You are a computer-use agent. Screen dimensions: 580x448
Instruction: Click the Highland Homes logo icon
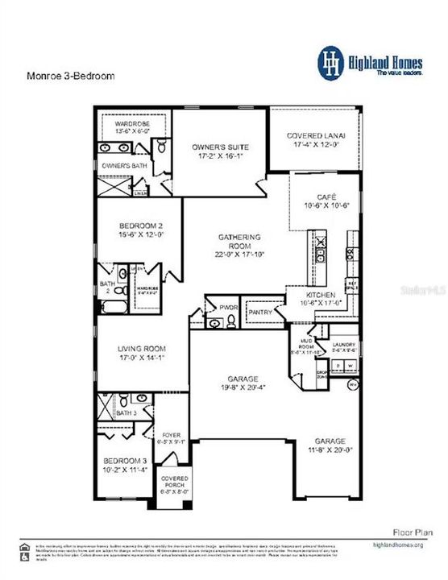330,64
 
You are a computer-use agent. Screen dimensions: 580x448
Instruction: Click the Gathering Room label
240,238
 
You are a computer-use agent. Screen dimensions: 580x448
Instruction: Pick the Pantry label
260,311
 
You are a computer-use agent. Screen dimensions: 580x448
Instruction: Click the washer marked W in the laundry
349,366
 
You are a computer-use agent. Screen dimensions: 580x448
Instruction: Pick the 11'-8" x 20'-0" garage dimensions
330,450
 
